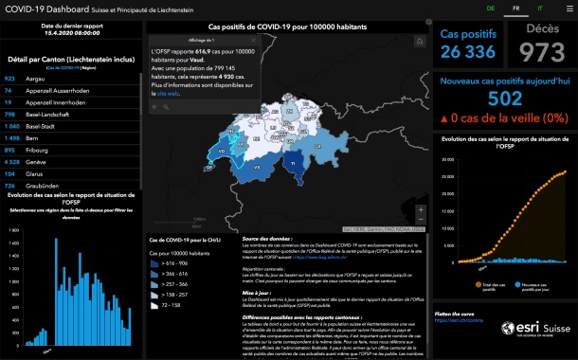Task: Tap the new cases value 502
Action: coord(505,99)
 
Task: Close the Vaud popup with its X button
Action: coord(249,40)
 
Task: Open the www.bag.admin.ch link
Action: coord(319,257)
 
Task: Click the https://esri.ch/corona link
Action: coord(457,320)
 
